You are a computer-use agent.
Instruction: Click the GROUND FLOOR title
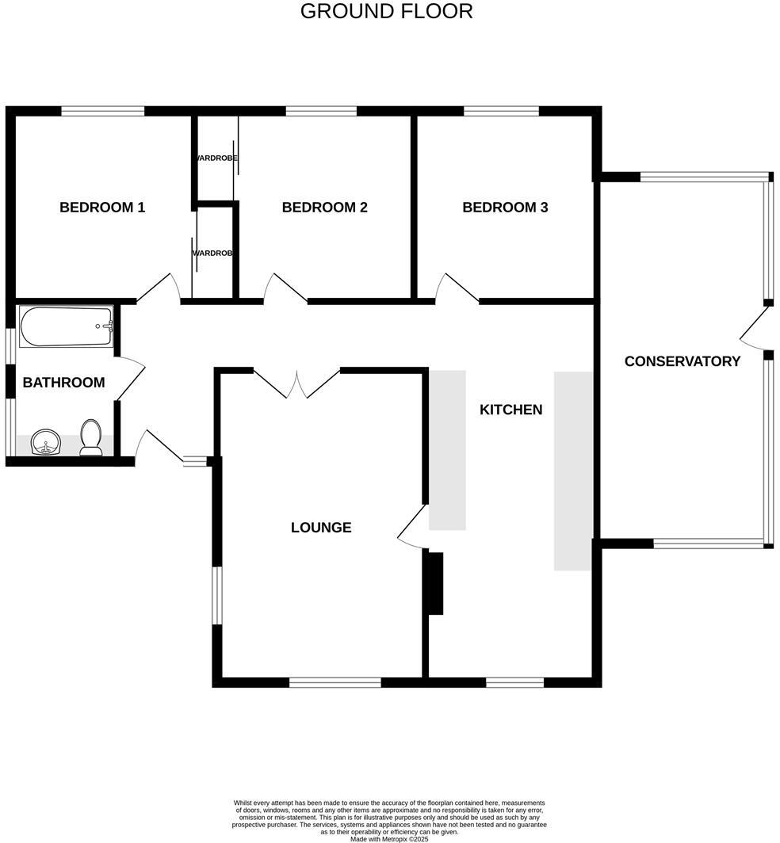point(386,12)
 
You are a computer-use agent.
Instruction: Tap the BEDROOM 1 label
point(102,208)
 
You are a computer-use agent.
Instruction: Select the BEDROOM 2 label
point(324,208)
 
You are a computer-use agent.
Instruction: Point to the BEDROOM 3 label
point(505,208)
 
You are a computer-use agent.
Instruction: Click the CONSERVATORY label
point(682,361)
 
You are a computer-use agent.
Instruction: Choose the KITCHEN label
point(510,410)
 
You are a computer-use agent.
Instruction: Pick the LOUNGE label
point(321,528)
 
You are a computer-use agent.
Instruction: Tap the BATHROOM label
point(63,383)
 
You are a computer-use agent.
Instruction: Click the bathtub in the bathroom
point(67,327)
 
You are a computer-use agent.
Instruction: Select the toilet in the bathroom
point(91,438)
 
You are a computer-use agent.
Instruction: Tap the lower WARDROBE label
point(212,254)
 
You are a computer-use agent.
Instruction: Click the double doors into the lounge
point(296,383)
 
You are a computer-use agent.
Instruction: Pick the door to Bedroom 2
point(285,288)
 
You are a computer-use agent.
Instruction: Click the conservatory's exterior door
point(755,326)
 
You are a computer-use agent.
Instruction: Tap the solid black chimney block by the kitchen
point(434,583)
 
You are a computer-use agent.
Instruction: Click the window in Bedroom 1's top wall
point(103,112)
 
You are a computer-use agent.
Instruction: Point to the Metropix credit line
point(389,839)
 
